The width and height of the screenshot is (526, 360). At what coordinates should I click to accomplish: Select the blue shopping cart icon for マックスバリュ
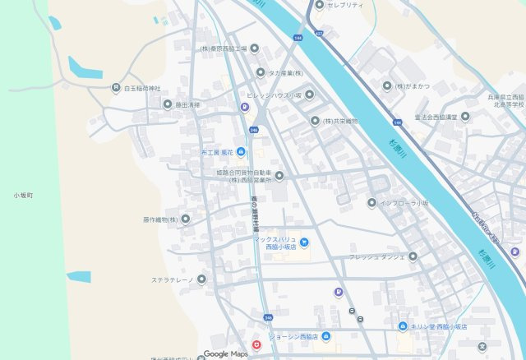click(304, 242)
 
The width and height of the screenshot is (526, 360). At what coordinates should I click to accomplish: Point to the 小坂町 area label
click(22, 195)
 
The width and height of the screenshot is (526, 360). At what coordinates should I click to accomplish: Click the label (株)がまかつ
click(411, 85)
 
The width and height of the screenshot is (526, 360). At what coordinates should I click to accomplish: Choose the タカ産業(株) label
click(286, 72)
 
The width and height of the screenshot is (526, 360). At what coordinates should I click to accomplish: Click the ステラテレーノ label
click(172, 279)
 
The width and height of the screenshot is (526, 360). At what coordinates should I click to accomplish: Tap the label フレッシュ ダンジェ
click(376, 256)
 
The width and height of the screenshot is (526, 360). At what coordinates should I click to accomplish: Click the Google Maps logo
click(225, 353)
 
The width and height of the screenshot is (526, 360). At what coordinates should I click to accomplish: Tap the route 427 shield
click(319, 33)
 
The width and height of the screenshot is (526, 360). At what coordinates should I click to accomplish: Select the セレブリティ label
click(345, 5)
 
